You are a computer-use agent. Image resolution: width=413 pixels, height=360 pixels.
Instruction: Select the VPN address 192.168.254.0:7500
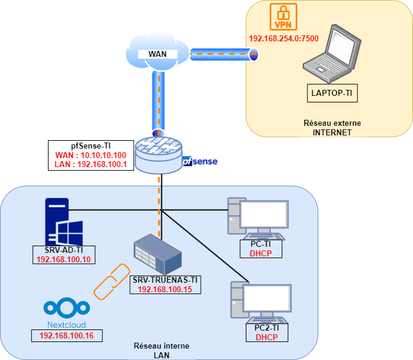coord(283,39)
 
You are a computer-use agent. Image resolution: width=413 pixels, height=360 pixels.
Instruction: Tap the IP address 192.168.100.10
coord(64,260)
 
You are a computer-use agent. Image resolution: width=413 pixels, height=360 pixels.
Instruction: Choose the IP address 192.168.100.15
coord(165,289)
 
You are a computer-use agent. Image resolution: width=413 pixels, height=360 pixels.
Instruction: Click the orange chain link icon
coord(111,281)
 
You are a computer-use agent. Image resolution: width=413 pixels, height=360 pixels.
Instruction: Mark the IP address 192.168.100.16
coord(67,335)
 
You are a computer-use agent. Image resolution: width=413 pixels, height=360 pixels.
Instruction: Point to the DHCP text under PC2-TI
coord(267,337)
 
